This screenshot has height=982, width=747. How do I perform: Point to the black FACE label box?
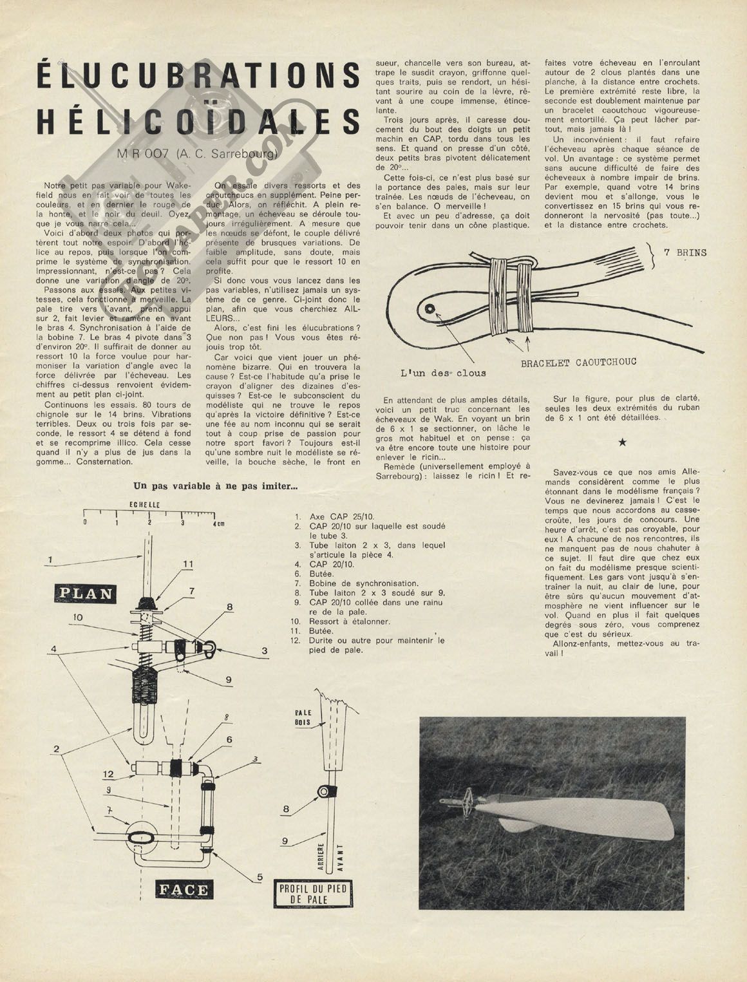point(184,890)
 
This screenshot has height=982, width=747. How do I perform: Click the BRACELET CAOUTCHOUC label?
point(578,363)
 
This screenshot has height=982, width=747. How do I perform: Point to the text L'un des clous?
point(443,372)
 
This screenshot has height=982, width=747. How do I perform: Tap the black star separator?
point(622,442)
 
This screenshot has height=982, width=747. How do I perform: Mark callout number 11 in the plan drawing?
point(187,564)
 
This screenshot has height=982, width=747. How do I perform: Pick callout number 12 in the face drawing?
point(109,773)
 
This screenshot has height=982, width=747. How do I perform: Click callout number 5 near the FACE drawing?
point(260,876)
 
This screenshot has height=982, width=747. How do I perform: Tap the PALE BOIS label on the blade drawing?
point(303,718)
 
